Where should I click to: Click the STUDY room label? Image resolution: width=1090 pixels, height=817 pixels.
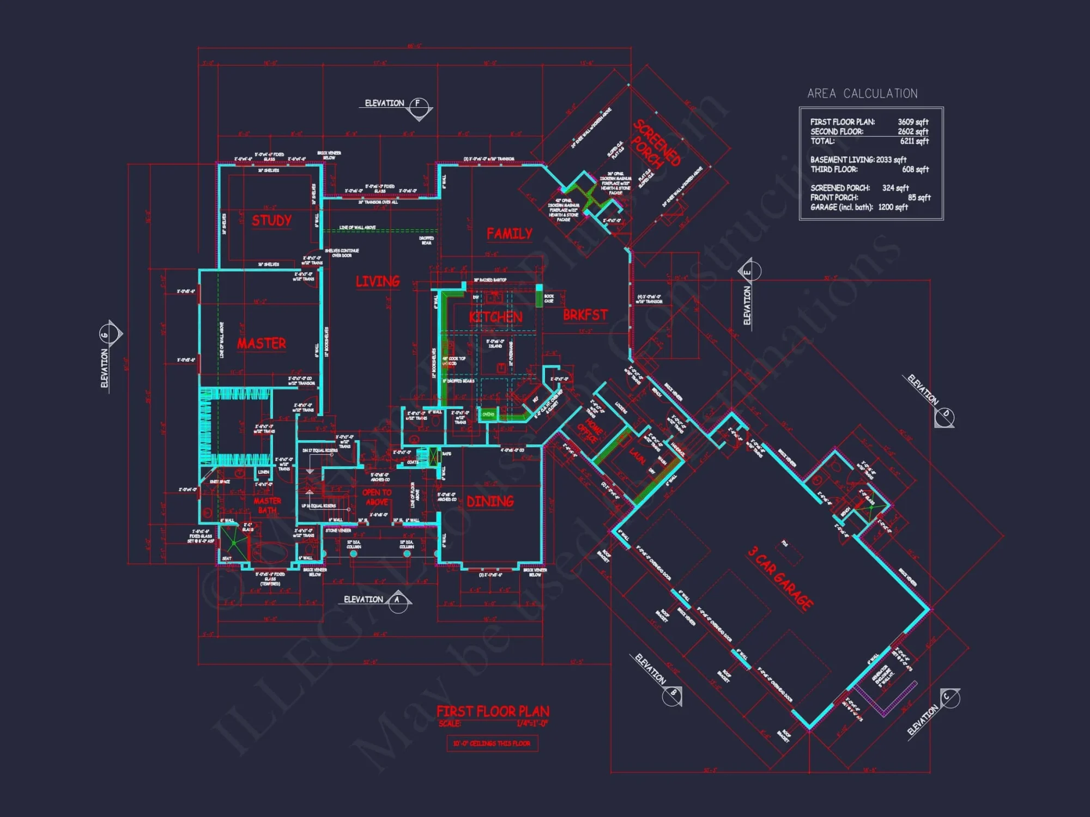[x=271, y=221]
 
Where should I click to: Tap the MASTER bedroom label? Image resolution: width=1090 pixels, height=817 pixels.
[x=261, y=343]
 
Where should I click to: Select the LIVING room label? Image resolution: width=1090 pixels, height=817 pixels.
[x=378, y=281]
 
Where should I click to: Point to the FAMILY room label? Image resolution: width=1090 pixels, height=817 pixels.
[x=509, y=234]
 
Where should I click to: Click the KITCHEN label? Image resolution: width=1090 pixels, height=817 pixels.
[x=495, y=317]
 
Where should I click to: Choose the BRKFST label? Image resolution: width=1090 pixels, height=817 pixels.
[x=585, y=315]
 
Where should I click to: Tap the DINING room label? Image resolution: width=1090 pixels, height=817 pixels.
[x=490, y=501]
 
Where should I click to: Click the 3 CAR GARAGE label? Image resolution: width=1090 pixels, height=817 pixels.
[x=780, y=578]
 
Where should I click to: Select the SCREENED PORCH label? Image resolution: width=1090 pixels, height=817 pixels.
[x=656, y=143]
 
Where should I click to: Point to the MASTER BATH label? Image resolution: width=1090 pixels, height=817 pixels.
[x=267, y=505]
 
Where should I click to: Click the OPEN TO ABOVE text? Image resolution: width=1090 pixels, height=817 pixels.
[x=377, y=497]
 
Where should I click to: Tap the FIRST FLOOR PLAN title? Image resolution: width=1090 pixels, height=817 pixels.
[x=493, y=711]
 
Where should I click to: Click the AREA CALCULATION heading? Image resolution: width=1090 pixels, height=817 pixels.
[x=862, y=94]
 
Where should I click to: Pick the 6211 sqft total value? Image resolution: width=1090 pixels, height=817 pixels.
[x=914, y=141]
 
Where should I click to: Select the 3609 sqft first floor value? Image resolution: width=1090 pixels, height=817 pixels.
[x=913, y=122]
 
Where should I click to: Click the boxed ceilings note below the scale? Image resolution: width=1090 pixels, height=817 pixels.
[x=492, y=743]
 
